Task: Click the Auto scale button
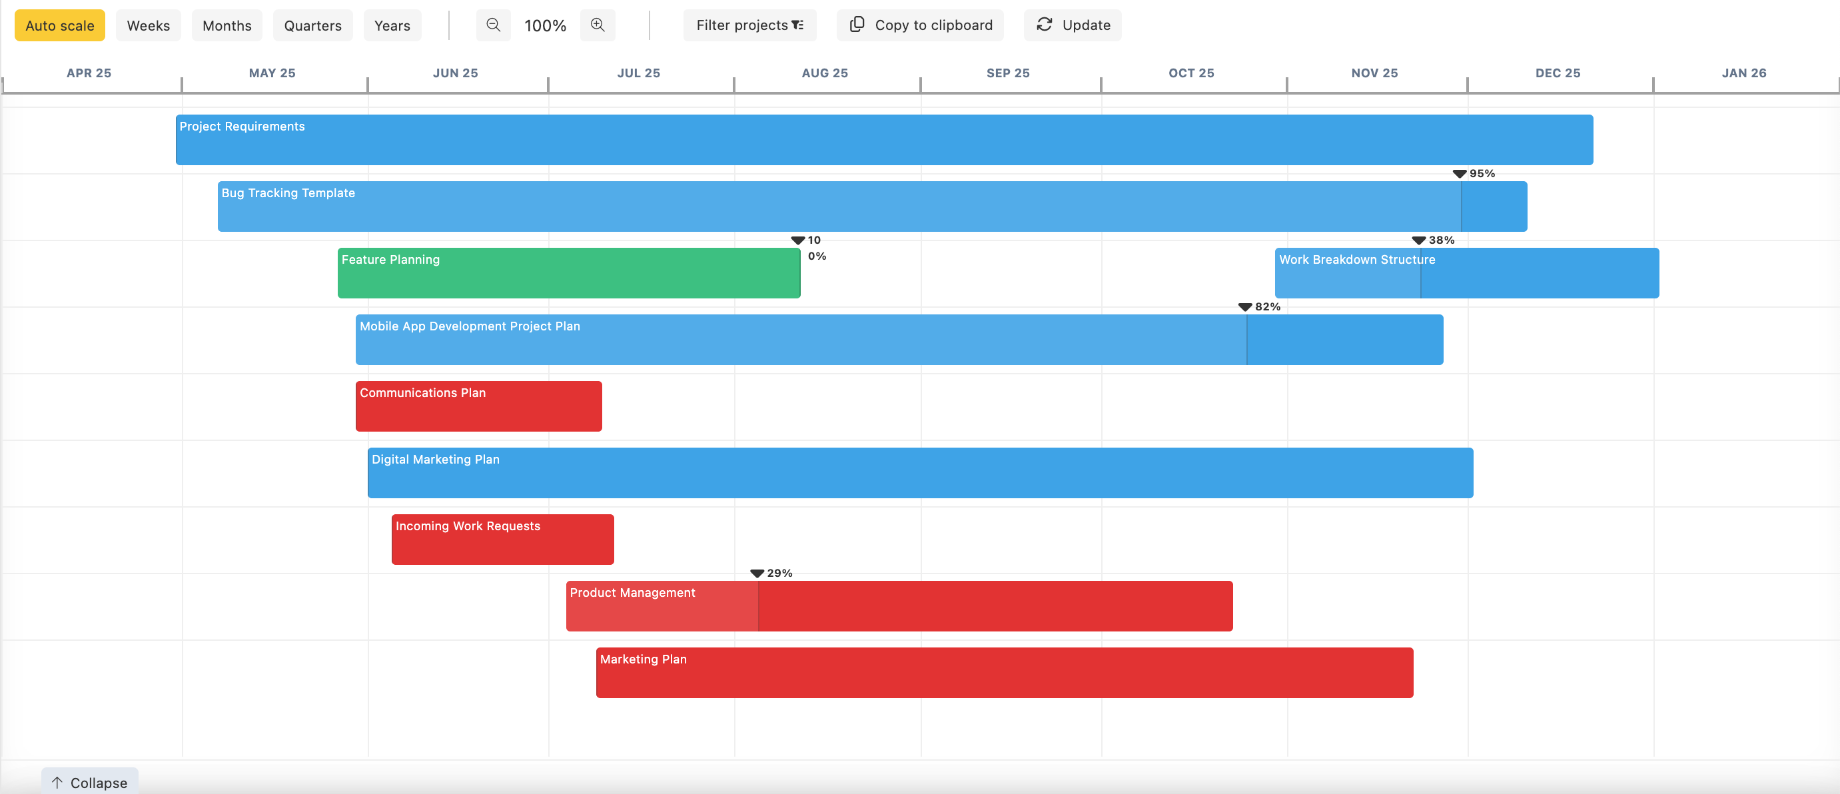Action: [59, 26]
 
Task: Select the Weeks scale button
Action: [148, 26]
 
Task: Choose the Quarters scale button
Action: [312, 26]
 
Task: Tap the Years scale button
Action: [392, 26]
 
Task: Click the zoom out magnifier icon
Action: [493, 26]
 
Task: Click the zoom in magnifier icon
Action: [597, 26]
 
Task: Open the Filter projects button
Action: [749, 26]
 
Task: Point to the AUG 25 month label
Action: [824, 73]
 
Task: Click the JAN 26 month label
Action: [1743, 73]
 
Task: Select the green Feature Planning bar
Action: [568, 274]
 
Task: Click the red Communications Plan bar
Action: [478, 407]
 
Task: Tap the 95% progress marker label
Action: [1482, 173]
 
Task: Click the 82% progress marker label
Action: [1267, 307]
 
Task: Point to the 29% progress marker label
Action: [779, 574]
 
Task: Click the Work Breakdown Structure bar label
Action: [1356, 260]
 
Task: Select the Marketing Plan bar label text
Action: [643, 659]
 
